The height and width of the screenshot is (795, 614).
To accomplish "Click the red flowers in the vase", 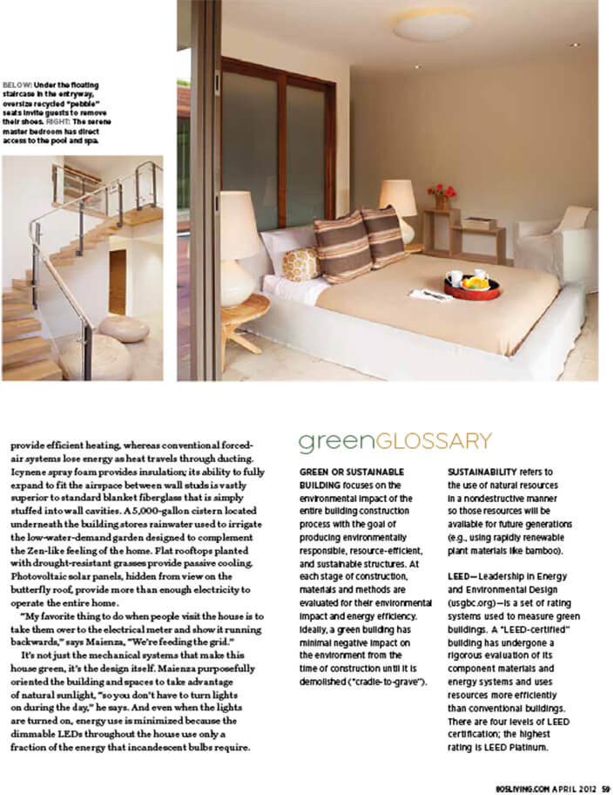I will click(442, 191).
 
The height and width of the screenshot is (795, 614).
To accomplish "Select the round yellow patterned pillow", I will click(301, 262).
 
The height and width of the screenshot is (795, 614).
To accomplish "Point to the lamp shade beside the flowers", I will click(398, 198).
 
